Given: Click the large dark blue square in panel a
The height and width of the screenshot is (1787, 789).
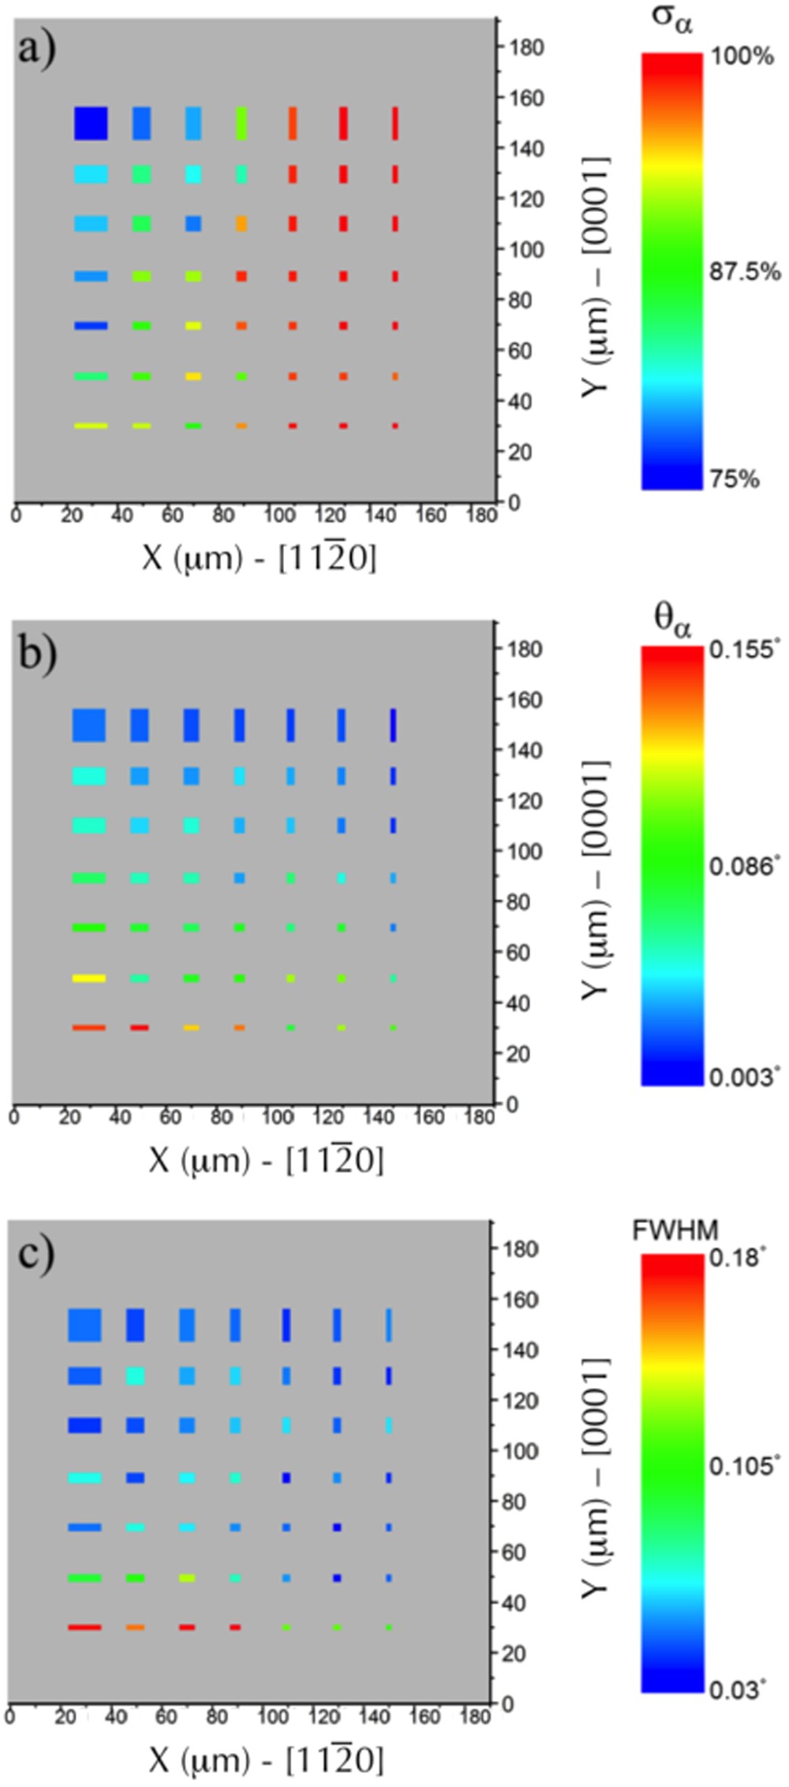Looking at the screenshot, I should tap(91, 124).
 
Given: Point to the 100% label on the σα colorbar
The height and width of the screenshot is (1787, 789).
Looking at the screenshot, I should tap(742, 56).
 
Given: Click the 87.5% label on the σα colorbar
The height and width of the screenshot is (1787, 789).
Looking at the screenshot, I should tap(744, 272).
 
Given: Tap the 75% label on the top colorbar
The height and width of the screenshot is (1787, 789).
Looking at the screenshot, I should tap(734, 479).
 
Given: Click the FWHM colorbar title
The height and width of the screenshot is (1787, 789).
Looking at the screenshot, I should tap(675, 1230).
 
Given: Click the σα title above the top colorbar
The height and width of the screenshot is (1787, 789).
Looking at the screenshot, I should tap(672, 19).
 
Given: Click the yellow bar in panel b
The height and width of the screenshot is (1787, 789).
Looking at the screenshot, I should tap(88, 978).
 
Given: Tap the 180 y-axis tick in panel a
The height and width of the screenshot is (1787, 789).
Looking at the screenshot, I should tap(525, 47).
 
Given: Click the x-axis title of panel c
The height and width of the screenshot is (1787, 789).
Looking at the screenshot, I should tap(265, 1759).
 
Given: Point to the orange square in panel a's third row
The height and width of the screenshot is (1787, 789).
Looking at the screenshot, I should tap(241, 224).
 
